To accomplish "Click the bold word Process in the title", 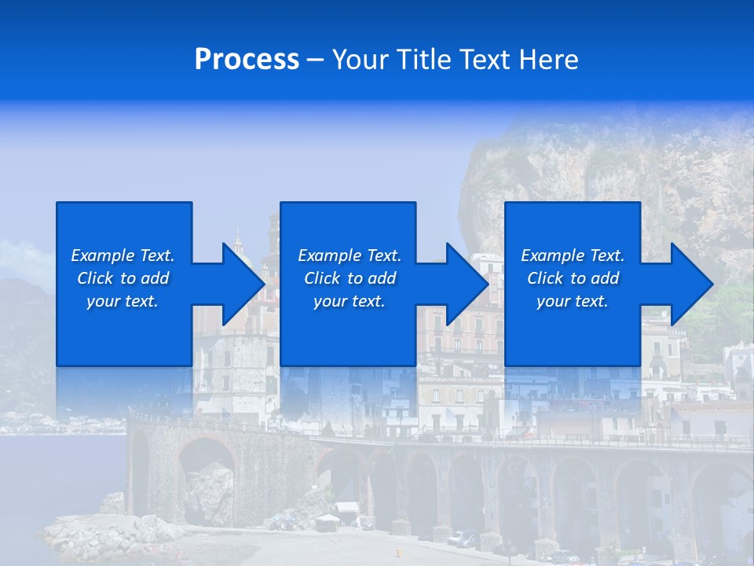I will pos(247,60).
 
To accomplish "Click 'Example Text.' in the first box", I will pos(123,255).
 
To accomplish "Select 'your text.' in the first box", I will pos(123,301).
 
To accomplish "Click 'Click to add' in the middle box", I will pos(350,278).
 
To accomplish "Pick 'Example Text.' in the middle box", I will pos(350,255).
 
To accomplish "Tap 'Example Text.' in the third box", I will pos(573,255).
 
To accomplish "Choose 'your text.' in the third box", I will pos(573,301).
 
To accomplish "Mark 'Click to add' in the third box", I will pos(573,278).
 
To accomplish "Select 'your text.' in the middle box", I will pos(350,301).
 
